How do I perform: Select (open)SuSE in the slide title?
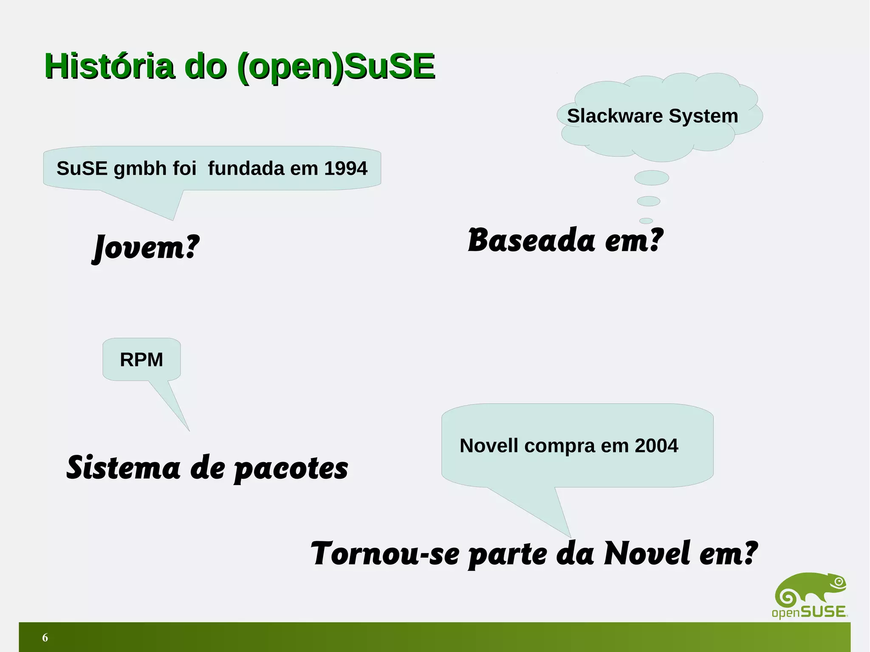coord(336,67)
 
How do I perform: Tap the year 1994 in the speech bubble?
coord(345,168)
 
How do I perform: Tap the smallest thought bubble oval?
coord(646,221)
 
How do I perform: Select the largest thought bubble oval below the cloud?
coord(651,178)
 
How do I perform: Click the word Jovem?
coord(146,247)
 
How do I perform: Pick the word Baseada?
coord(531,240)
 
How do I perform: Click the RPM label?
coord(141,360)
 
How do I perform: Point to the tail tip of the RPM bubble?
coord(189,430)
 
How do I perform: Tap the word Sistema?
coord(123,468)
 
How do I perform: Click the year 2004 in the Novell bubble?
coord(656,446)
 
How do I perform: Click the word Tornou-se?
coord(385,554)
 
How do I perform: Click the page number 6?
coord(45,638)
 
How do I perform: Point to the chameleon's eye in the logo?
coord(838,581)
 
